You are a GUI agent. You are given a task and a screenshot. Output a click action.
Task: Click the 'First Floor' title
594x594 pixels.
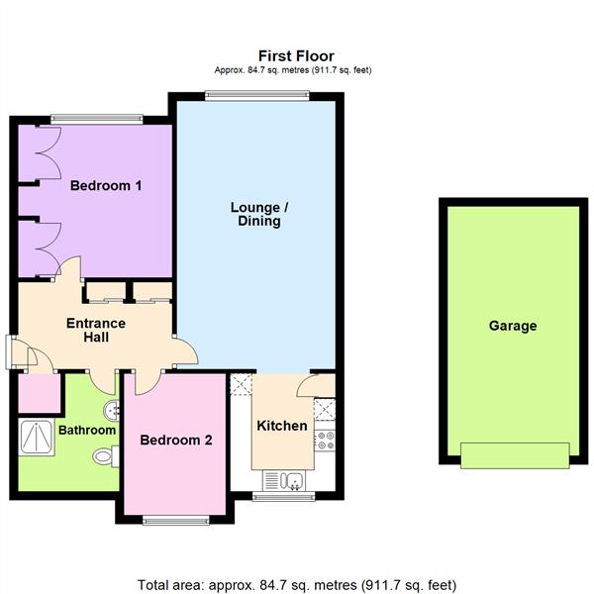point(297,56)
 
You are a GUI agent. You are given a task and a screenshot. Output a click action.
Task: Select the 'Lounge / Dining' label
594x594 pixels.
point(256,214)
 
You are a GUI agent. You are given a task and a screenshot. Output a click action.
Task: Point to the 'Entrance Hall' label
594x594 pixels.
point(95,330)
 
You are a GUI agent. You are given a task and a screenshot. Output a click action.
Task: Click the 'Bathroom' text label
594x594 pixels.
point(87,431)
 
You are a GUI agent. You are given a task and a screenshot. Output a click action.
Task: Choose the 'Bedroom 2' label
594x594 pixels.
point(176,441)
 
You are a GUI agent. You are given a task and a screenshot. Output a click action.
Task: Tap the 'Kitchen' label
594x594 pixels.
point(282,426)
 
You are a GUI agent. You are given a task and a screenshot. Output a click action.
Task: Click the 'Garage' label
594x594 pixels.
point(513,325)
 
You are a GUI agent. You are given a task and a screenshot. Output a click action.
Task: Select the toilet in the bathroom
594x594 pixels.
point(104,456)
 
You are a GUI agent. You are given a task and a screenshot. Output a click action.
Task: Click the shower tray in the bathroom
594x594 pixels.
point(39,437)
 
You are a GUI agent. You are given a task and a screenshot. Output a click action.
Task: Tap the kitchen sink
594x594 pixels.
point(291,481)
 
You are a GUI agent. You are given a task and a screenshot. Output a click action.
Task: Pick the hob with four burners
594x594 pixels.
point(325,437)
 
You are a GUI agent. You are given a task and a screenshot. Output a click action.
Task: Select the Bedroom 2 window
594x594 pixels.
point(176,520)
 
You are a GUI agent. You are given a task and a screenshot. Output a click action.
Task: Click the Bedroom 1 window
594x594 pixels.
point(97,120)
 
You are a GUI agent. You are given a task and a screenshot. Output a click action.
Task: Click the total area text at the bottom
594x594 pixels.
point(297,585)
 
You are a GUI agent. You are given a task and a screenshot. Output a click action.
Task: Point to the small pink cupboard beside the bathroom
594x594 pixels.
point(39,394)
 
